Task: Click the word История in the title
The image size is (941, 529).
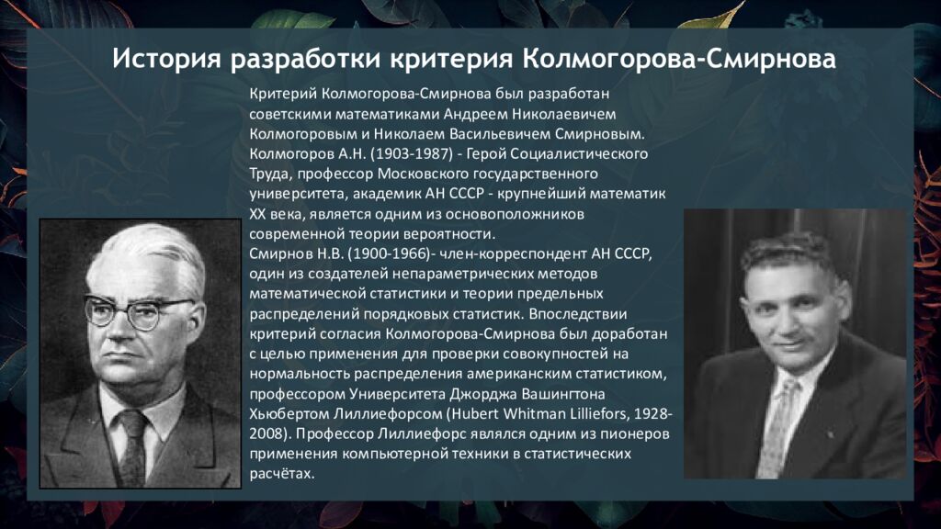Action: coord(165,60)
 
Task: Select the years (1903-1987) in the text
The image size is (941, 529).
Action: coord(412,154)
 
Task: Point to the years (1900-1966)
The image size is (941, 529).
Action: coord(390,254)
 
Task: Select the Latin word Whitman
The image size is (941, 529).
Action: coord(535,414)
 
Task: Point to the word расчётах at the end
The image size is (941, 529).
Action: coord(282,475)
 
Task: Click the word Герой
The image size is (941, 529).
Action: coord(485,154)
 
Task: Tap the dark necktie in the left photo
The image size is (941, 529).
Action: coord(133,447)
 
